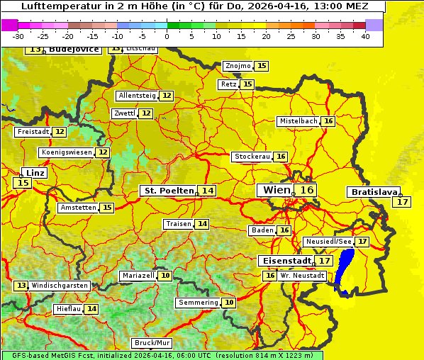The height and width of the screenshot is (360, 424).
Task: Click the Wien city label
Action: [x=277, y=190]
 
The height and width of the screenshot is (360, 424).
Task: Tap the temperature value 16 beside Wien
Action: [x=306, y=190]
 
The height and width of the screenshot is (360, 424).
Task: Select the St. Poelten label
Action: [x=169, y=191]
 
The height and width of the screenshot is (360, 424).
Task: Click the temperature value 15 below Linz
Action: [x=23, y=183]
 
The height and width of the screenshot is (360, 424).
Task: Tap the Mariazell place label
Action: [x=138, y=276]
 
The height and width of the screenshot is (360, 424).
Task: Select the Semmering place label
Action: [x=199, y=303]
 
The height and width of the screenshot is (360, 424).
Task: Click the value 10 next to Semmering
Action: [x=228, y=303]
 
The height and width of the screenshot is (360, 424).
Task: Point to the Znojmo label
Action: [x=238, y=66]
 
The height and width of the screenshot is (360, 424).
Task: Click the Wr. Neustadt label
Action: [x=303, y=276]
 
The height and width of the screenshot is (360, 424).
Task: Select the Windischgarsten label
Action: [x=60, y=285]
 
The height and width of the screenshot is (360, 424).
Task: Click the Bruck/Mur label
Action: [x=152, y=343]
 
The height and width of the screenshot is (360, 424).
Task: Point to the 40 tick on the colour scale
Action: [x=365, y=36]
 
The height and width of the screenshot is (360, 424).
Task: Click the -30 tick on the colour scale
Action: [x=18, y=36]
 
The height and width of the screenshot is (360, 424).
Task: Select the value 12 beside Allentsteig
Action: [x=167, y=96]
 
